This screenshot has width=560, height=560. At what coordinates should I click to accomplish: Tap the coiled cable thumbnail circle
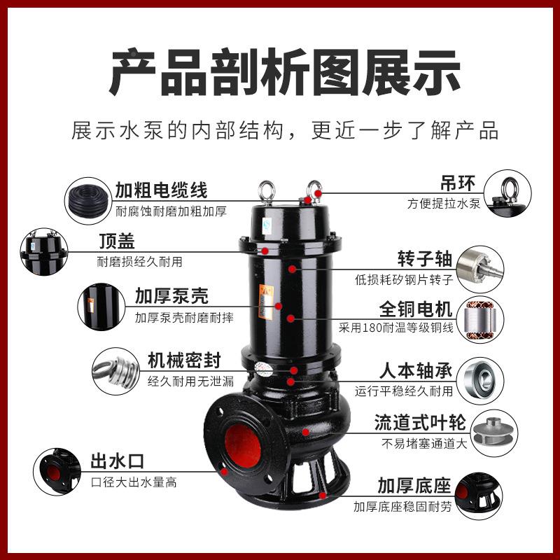pos(87,199)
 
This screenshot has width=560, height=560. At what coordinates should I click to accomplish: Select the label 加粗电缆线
pos(162,190)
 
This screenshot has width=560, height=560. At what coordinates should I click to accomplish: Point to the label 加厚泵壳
pos(171,295)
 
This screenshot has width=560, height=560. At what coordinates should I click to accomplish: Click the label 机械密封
pos(184,360)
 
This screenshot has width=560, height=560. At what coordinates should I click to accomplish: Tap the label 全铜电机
pos(416,309)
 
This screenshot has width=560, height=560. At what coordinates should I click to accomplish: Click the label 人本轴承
pos(416,369)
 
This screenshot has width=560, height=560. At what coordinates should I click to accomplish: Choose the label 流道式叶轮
pos(416,422)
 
